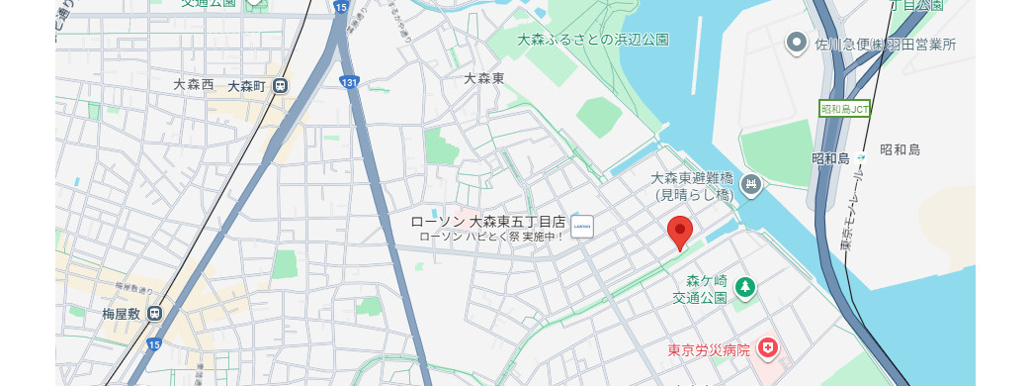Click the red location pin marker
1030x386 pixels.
(x=680, y=232)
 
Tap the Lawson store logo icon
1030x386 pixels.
(x=581, y=227)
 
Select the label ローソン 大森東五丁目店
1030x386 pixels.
(x=487, y=221)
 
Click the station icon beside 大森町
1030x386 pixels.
(x=282, y=86)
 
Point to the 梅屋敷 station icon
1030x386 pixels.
(x=155, y=314)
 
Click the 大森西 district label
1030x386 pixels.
(x=194, y=85)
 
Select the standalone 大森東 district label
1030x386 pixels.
(x=484, y=77)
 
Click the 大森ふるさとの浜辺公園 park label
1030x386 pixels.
(x=593, y=40)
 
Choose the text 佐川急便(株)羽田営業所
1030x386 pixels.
(x=885, y=45)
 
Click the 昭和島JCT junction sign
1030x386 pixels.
(x=845, y=109)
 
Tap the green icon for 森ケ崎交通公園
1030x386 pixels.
(x=744, y=288)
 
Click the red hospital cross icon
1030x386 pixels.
(x=767, y=348)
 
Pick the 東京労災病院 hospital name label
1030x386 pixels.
(x=708, y=349)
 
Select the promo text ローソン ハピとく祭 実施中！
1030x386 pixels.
(x=491, y=237)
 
